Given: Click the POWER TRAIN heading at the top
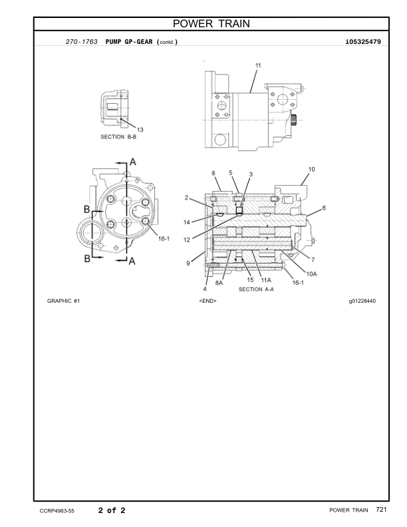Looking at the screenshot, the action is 211,23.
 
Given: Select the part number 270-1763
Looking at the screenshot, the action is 82,42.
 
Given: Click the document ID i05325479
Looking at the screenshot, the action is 363,42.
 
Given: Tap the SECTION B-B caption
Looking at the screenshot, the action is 118,137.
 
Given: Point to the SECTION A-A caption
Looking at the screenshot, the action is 256,289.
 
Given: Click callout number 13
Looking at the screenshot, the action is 140,129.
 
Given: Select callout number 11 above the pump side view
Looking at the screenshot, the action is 258,65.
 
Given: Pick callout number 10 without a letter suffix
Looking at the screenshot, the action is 312,169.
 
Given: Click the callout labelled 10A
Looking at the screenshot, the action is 312,274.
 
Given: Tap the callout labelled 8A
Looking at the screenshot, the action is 219,283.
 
